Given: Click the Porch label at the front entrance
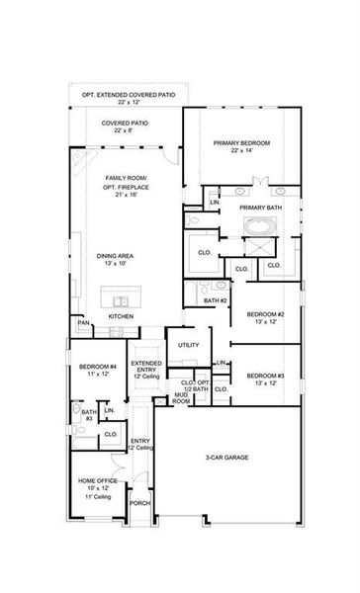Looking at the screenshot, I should [139, 503].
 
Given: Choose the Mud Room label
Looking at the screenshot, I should [182, 398].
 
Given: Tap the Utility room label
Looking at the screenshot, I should [188, 345].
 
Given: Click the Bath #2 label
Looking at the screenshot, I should [216, 300].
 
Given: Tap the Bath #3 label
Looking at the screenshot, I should [87, 415].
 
